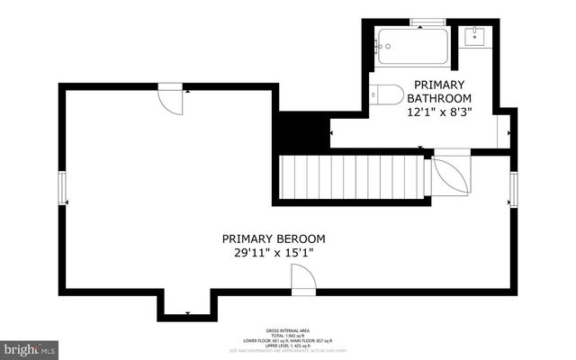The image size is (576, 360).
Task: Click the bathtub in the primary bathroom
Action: pos(412,46)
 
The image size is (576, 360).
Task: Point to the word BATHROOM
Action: pos(440,97)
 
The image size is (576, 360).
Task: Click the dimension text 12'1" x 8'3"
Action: pos(440,112)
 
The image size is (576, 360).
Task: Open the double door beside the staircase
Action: pos(450,175)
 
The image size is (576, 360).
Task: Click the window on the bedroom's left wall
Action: pos(62,189)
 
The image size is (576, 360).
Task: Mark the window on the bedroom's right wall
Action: pos(513,189)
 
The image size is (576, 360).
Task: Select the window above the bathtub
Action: pos(423,22)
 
